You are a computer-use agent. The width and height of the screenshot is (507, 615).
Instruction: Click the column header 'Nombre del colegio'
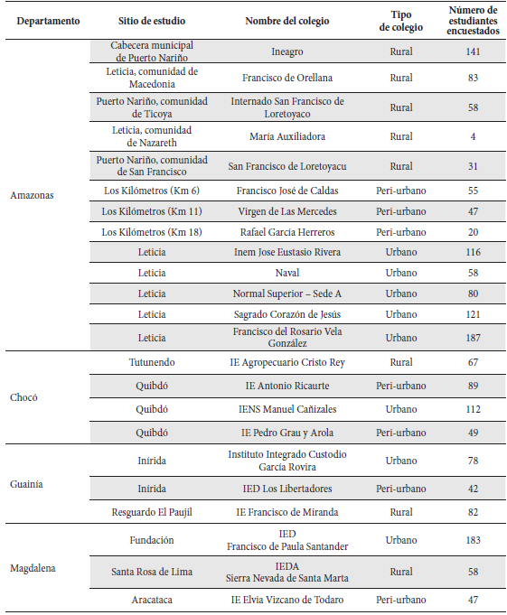(286, 21)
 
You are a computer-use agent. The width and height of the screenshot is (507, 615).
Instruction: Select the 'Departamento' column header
(48, 21)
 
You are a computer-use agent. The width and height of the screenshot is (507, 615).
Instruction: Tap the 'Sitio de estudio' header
(152, 21)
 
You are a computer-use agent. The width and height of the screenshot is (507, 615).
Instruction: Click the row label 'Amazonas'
(33, 194)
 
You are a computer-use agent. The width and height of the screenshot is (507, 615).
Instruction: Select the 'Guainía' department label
(28, 483)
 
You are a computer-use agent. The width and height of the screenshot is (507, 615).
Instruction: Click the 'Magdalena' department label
(33, 569)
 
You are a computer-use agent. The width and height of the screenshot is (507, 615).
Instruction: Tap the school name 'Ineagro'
(286, 51)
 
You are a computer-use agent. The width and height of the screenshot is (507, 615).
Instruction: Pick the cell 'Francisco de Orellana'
(286, 79)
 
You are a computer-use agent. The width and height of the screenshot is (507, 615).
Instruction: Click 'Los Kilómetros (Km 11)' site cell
(152, 211)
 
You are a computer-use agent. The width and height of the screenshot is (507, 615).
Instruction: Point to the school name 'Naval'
(286, 273)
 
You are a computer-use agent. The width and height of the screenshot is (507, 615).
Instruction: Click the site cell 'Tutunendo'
(152, 363)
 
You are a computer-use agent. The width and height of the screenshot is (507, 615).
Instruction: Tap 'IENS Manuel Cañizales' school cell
(286, 407)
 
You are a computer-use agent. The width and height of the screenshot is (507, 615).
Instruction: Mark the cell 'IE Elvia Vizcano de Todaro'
(286, 600)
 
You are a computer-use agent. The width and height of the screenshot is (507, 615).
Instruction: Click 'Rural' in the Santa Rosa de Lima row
(400, 571)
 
